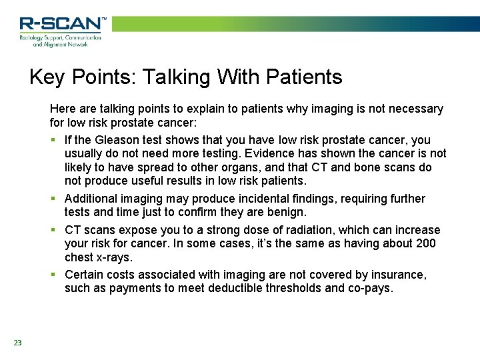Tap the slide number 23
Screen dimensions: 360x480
click(17, 343)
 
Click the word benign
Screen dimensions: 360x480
click(286, 212)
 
